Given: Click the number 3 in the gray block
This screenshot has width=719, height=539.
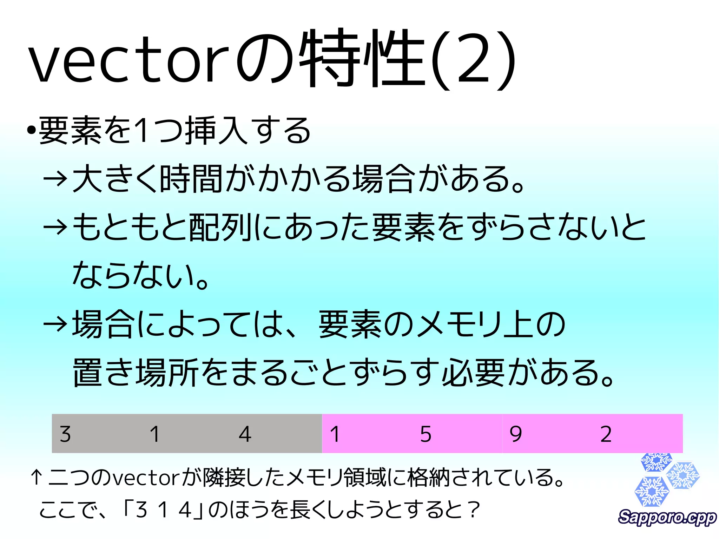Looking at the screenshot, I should pos(65,434).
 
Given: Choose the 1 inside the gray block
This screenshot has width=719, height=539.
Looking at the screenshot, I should pos(155,434).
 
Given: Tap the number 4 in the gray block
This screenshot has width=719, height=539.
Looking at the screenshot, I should pos(245,434).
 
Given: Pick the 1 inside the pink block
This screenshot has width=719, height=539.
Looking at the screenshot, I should pos(335,434).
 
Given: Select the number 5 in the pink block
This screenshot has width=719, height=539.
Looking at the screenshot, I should pos(426,434).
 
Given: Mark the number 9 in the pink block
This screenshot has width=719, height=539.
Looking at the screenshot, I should pos(515,434).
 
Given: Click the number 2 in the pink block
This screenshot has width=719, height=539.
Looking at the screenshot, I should pos(606,434).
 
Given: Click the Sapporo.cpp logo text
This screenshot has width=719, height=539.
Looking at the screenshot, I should pos(667,517).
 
